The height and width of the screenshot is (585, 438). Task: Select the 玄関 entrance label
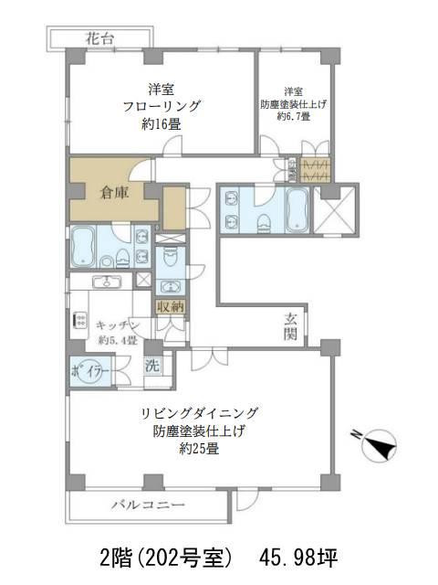pos(291,324)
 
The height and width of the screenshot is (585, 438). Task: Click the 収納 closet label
pos(170,307)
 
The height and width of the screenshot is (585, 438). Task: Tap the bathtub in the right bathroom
pos(297,211)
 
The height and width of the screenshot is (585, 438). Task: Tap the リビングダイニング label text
pos(200,412)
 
